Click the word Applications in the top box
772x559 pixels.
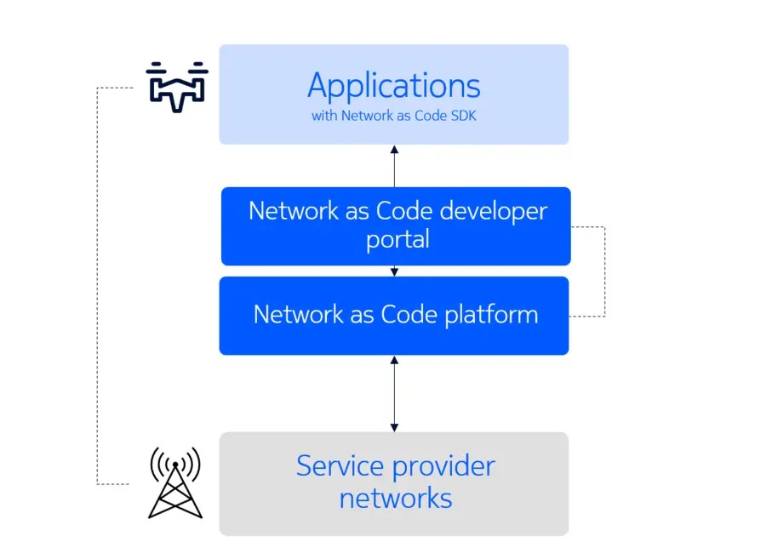(x=393, y=86)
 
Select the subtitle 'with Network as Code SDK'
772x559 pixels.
(x=393, y=116)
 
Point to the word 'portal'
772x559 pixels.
(x=397, y=239)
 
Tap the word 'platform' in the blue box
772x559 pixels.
(x=491, y=315)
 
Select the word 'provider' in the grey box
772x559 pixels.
(x=443, y=466)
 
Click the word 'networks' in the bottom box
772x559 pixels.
(x=395, y=497)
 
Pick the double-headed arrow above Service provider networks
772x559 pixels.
(x=393, y=393)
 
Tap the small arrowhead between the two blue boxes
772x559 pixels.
(x=394, y=272)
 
